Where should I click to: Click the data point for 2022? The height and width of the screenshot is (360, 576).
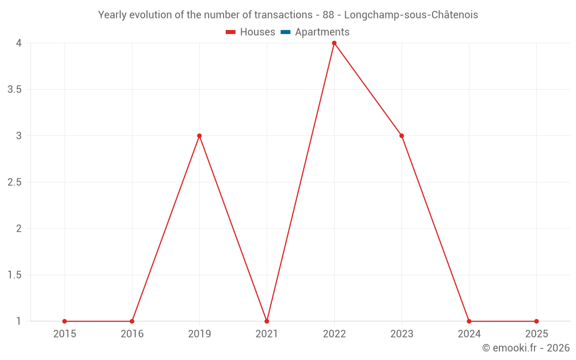(334, 43)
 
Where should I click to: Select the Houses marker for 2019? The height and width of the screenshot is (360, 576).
(199, 136)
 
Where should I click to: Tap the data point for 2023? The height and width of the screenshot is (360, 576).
(401, 136)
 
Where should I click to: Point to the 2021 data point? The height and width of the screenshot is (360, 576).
(267, 321)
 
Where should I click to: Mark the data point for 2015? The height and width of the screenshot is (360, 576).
(65, 321)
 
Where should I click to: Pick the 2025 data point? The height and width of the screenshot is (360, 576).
(536, 321)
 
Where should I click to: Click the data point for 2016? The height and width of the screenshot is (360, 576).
(132, 321)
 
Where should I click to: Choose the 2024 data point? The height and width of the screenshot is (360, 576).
(469, 321)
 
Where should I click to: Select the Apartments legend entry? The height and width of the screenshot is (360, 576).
(322, 32)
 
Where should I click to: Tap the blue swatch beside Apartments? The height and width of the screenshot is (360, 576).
(285, 32)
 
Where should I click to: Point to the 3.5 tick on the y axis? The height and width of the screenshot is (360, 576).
(15, 89)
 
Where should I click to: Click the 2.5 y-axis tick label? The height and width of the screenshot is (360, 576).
(15, 182)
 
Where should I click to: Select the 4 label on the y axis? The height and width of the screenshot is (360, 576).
(18, 43)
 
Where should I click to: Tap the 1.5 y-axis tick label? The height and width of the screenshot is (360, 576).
(15, 275)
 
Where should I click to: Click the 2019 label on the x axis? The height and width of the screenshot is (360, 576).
(199, 334)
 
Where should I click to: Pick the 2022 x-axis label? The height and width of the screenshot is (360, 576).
(334, 334)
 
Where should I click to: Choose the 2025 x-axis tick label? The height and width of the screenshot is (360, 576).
(536, 334)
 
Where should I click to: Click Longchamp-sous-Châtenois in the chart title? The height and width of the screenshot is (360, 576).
(411, 15)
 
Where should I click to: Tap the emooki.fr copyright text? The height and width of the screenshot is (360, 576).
(525, 348)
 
